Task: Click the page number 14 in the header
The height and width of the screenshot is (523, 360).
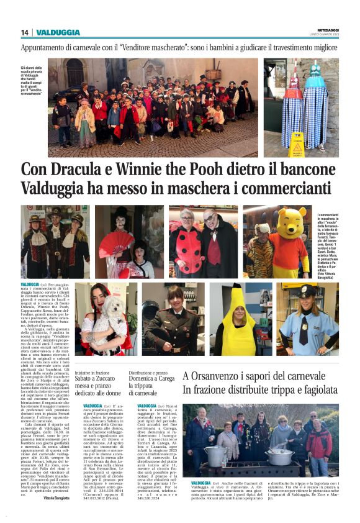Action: tap(24, 32)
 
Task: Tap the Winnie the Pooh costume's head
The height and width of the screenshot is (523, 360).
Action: tap(291, 222)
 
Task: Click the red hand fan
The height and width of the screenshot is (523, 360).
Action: tap(115, 243)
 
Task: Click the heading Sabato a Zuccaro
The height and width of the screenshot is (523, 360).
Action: tap(99, 378)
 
